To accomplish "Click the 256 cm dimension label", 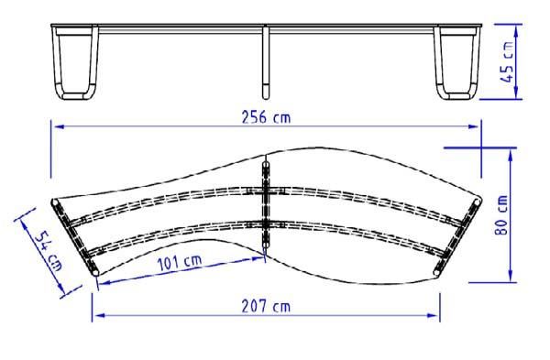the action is [x=266, y=117].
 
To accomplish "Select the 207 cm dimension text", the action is [x=266, y=307].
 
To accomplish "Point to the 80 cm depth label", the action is [x=501, y=214].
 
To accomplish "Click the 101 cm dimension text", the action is [x=180, y=262].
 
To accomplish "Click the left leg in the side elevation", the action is [x=75, y=63].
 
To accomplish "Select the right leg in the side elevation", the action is [x=457, y=63].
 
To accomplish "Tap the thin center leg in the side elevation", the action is [x=266, y=62].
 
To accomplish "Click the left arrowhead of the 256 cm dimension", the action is [x=59, y=126].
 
